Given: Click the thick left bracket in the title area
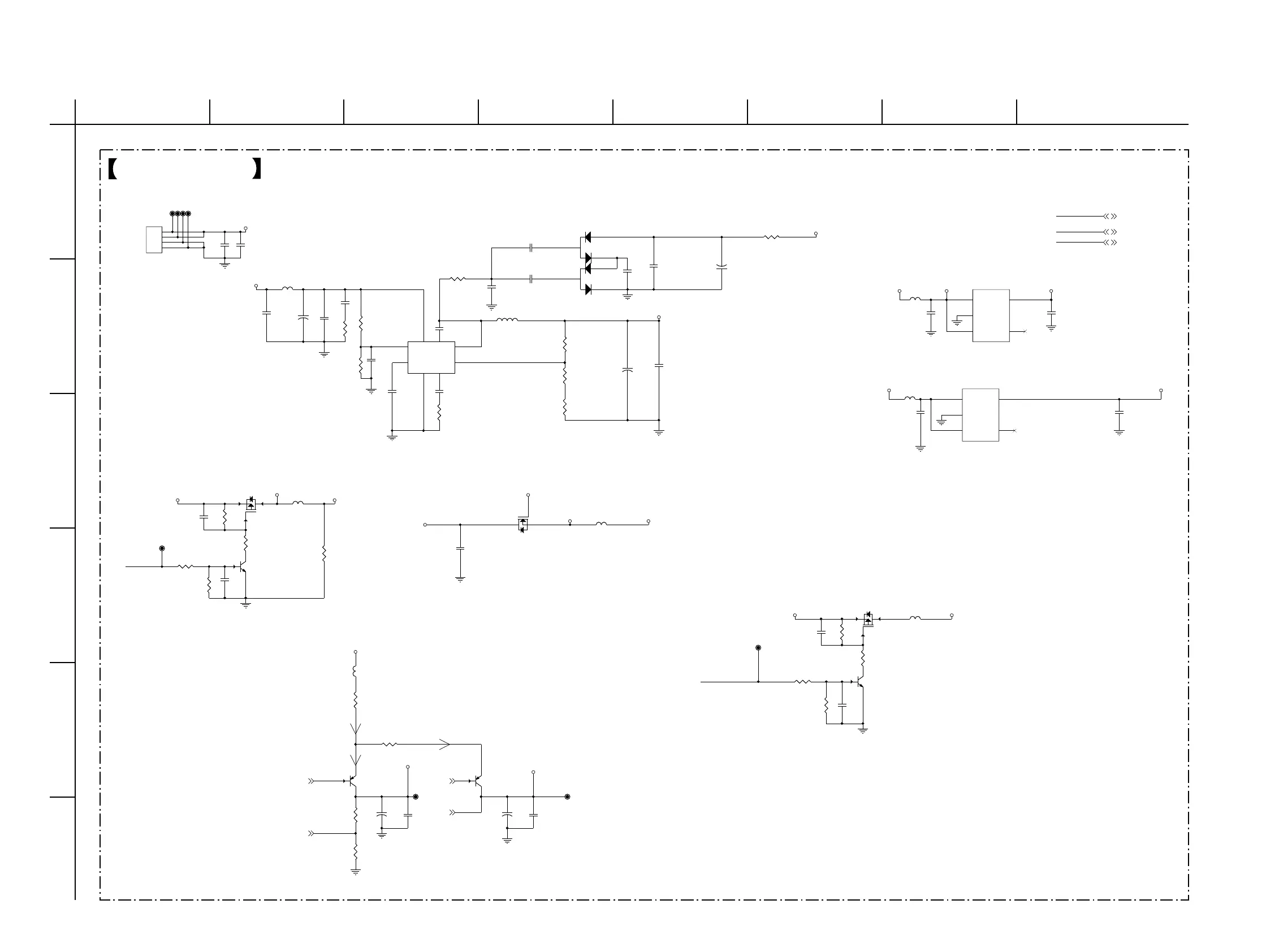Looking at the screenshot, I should (113, 169).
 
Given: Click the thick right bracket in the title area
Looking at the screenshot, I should (257, 169).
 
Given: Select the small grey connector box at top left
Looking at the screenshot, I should (154, 240).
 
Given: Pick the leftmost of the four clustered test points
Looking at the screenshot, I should (172, 214).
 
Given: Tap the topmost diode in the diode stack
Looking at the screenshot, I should (587, 237).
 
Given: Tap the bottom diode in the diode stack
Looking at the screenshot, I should (588, 289).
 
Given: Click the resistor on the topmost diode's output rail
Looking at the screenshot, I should (771, 237).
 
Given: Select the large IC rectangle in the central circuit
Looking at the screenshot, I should (431, 358).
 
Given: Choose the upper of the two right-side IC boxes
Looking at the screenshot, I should (991, 316).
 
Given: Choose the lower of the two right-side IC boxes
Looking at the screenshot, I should (980, 415).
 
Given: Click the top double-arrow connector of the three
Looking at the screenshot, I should (1110, 217).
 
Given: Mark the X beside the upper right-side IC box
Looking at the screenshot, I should (1025, 331).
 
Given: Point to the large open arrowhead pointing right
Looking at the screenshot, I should (444, 745).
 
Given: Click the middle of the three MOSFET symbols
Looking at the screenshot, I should (522, 525).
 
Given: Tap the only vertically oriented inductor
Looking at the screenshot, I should (356, 670).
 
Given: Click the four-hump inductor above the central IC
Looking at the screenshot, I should (507, 320).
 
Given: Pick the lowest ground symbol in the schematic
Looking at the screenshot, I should (356, 872).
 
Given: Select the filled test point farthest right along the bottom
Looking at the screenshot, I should (567, 797).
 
